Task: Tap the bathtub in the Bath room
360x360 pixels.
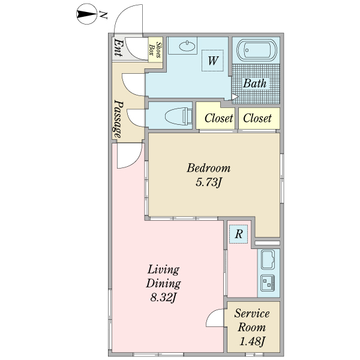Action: (257, 50)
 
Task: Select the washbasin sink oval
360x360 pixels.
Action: (187, 46)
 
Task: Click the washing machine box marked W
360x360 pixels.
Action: (212, 61)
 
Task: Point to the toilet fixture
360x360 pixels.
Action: (179, 116)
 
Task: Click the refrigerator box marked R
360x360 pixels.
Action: (238, 234)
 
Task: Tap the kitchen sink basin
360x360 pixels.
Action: (268, 259)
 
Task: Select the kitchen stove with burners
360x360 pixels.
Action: (268, 283)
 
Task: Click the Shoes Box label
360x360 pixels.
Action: (155, 50)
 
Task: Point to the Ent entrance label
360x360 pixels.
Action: (118, 48)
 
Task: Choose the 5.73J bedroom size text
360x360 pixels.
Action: (208, 183)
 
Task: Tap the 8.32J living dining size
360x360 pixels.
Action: (163, 298)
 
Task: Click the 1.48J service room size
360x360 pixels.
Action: (252, 341)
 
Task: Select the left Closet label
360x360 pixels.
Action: (218, 118)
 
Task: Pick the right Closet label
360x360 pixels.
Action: (257, 118)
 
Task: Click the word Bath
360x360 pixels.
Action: (254, 83)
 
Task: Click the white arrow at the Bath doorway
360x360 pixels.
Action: (235, 97)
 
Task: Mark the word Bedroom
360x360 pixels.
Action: (208, 168)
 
